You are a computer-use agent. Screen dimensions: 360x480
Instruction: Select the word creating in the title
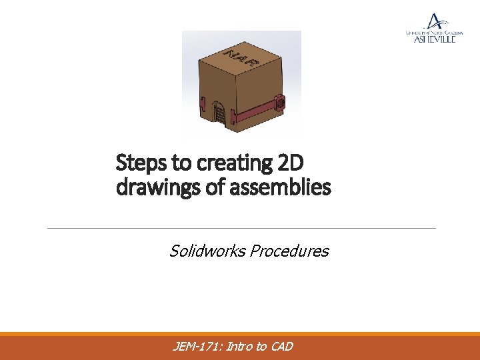point(216,162)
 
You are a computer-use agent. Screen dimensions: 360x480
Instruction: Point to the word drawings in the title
point(150,187)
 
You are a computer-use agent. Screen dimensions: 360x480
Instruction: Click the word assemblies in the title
point(281,187)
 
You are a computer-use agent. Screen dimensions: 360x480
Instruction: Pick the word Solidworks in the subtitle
point(206,251)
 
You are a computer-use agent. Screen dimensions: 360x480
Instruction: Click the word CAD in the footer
point(281,346)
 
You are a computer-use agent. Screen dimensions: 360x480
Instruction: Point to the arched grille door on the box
point(218,111)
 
